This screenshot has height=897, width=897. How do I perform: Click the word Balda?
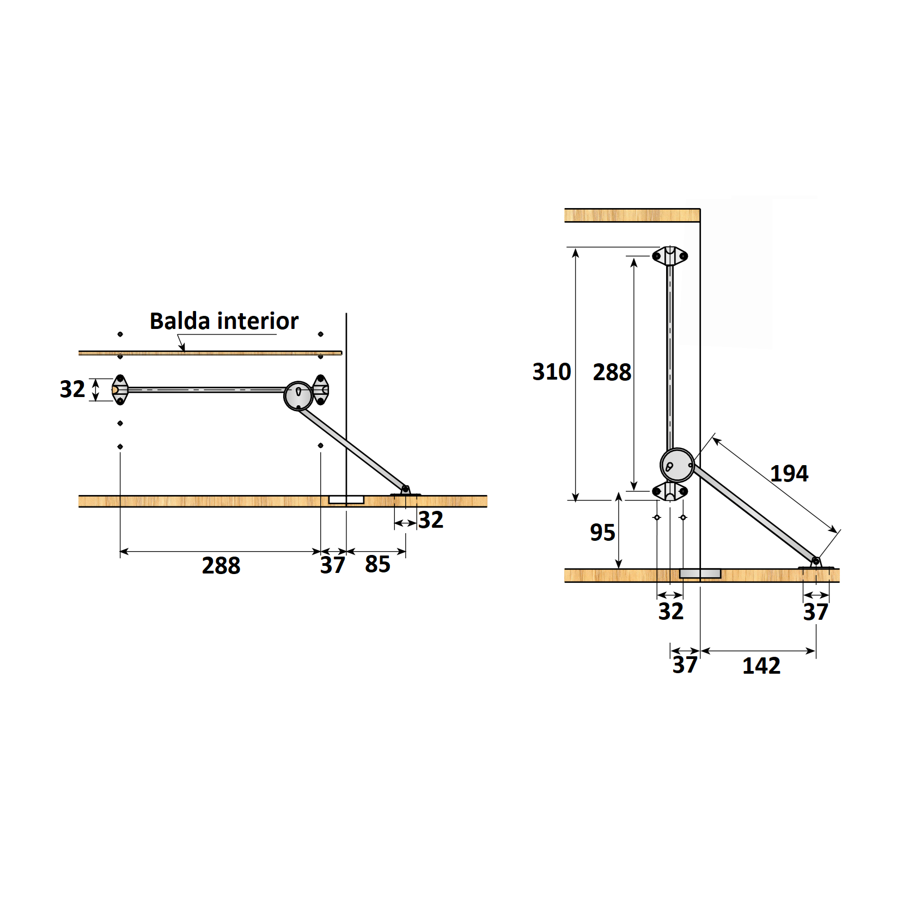(x=181, y=321)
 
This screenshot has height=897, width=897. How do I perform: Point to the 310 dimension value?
(x=552, y=372)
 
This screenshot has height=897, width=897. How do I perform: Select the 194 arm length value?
(x=789, y=473)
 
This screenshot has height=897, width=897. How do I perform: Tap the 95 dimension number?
(x=602, y=533)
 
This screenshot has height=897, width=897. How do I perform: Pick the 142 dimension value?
(x=761, y=666)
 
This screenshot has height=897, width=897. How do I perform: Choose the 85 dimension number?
(x=377, y=564)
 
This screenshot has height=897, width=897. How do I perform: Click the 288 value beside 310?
(x=612, y=373)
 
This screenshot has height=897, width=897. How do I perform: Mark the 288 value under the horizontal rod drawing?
(x=221, y=565)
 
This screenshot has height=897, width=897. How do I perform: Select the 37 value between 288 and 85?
(x=332, y=565)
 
